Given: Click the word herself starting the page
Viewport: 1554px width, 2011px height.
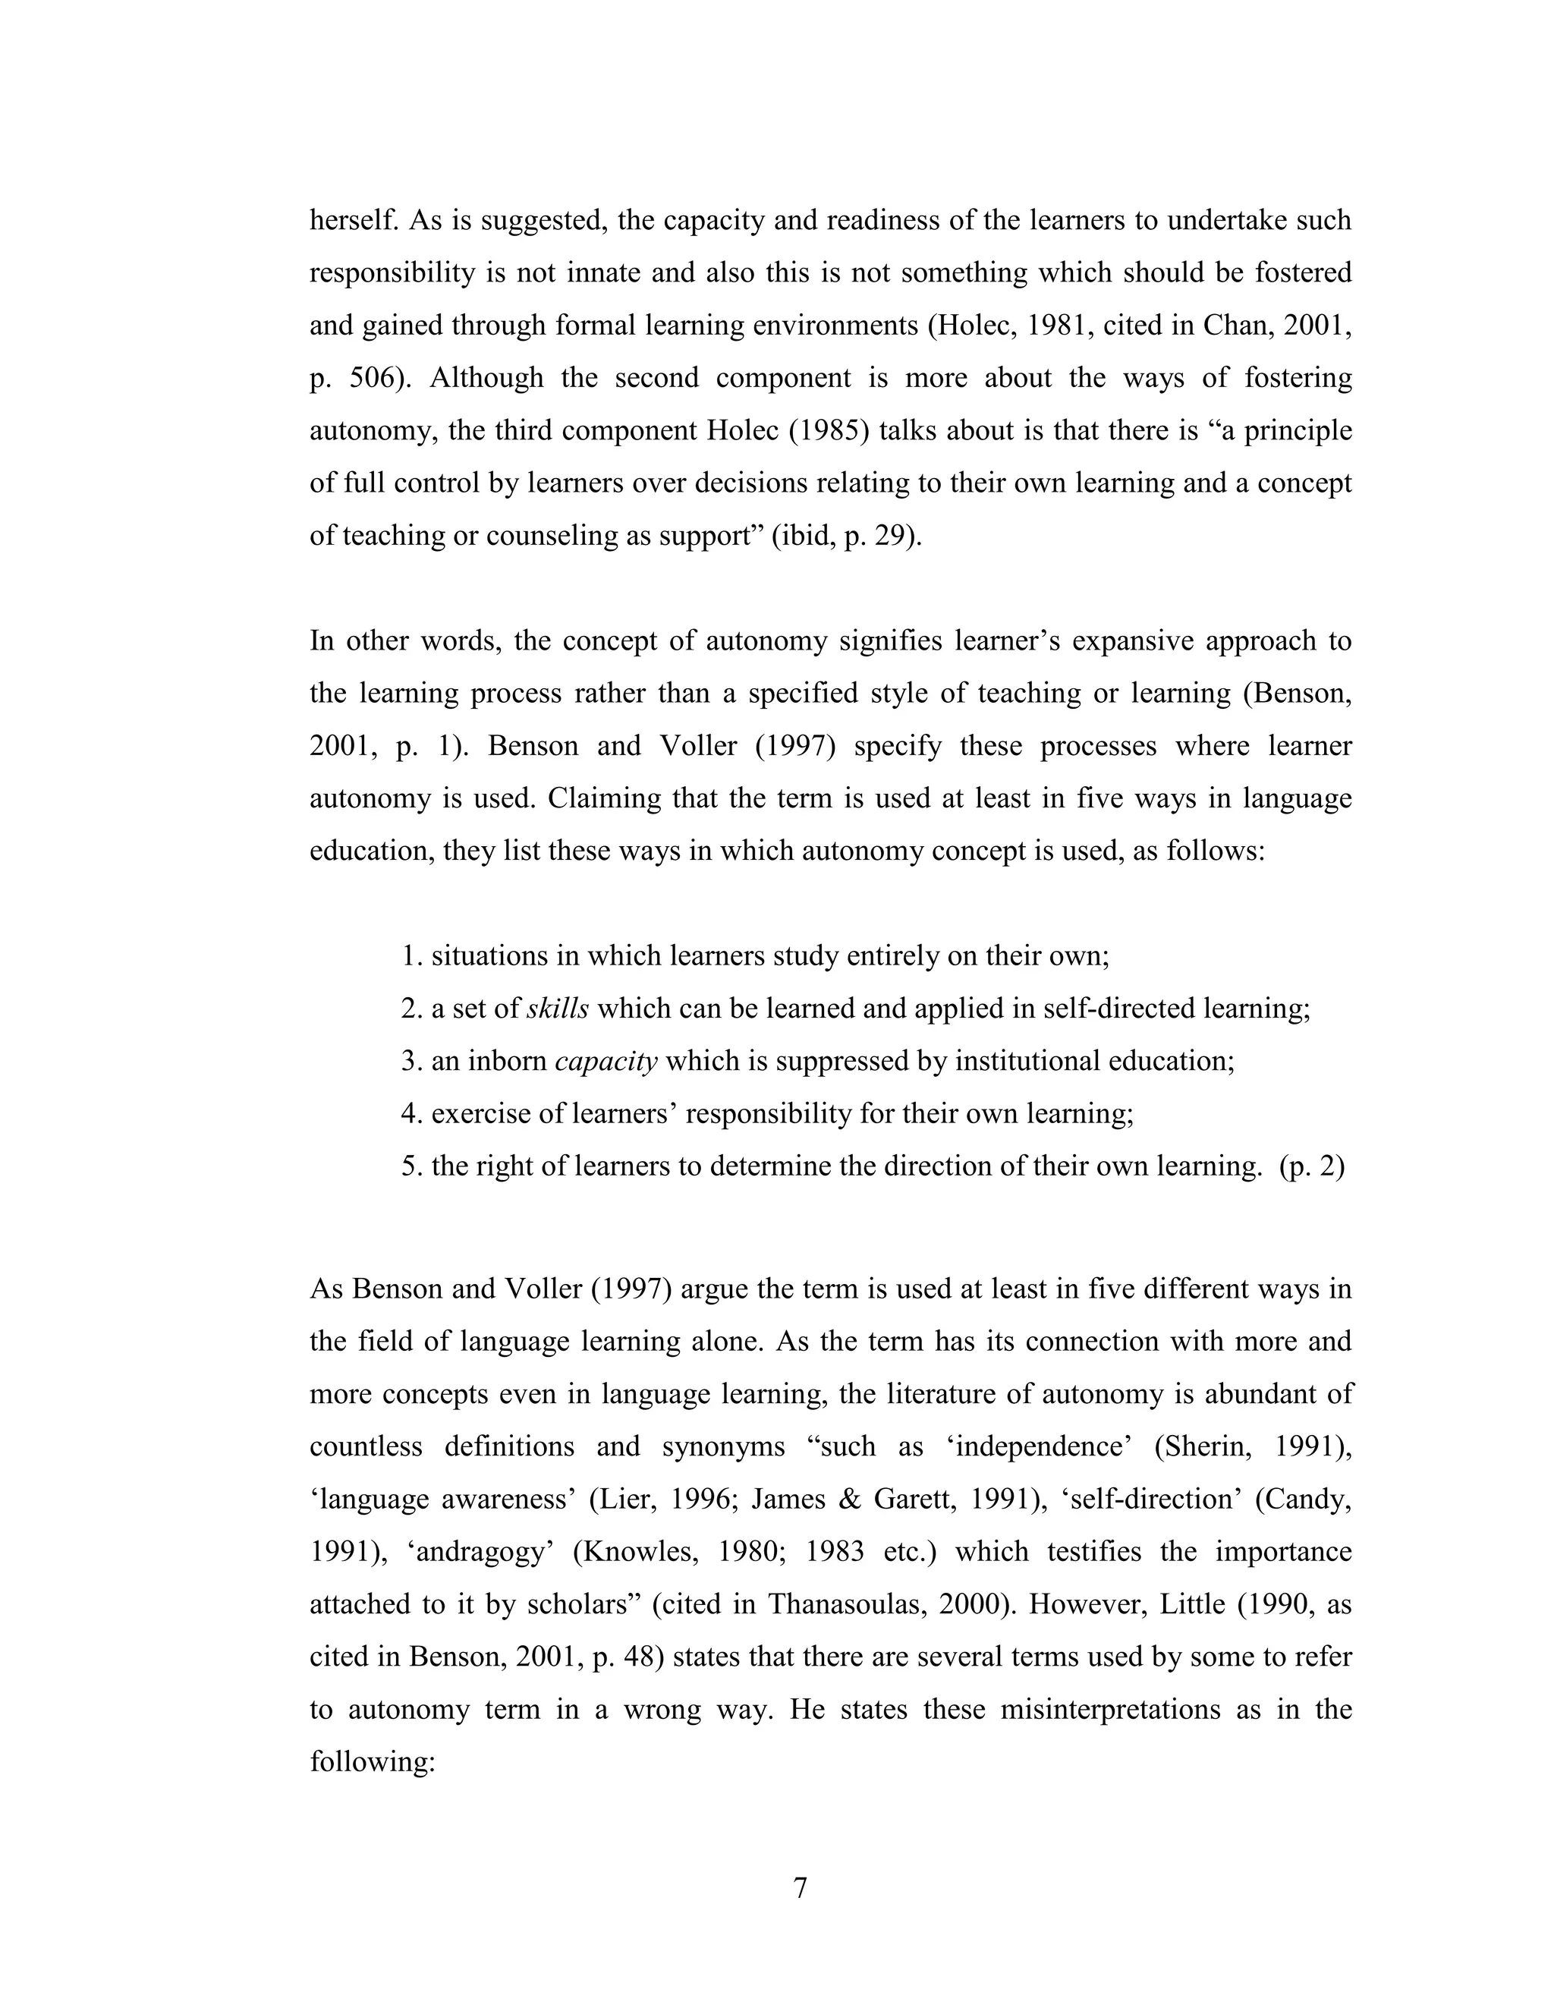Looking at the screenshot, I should (x=354, y=220).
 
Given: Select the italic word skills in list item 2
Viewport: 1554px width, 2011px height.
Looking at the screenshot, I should (x=558, y=1009).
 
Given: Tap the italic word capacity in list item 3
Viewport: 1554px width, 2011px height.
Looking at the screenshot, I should (x=606, y=1062).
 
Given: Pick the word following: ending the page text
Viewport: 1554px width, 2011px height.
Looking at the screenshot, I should (x=371, y=1762).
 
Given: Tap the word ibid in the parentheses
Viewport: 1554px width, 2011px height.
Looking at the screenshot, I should (x=813, y=536).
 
